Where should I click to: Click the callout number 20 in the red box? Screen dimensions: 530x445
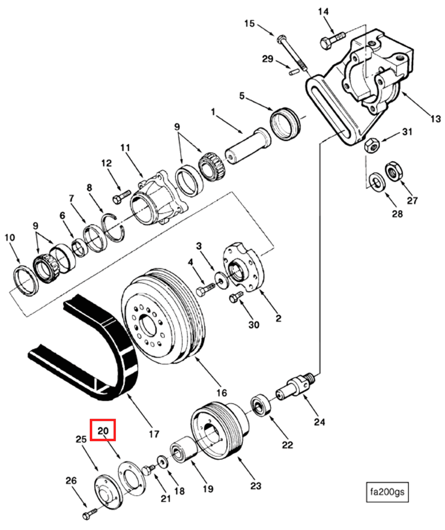(103, 431)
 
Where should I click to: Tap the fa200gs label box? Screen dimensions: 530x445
(387, 492)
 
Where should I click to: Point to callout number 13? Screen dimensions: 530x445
(435, 119)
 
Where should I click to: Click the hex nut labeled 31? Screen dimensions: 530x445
(372, 146)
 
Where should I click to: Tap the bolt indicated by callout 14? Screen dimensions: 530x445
(331, 40)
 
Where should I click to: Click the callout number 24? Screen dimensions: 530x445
(319, 422)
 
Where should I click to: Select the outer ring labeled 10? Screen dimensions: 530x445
(26, 281)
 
